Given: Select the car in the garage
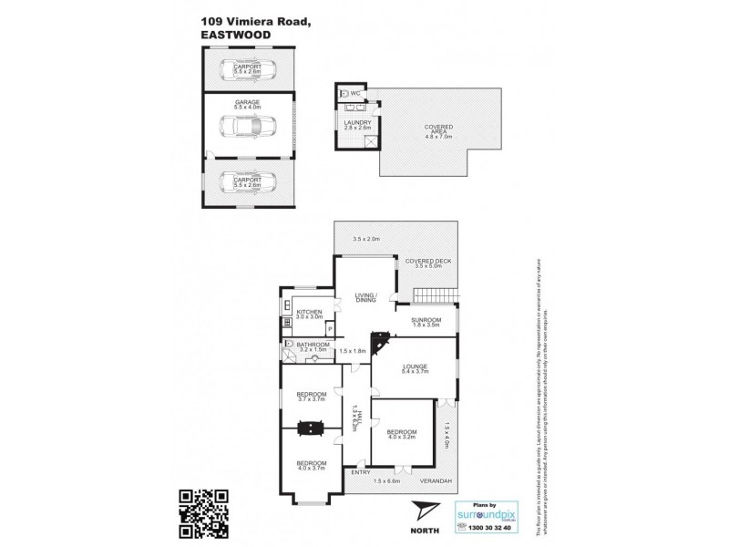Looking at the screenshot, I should click(246, 127).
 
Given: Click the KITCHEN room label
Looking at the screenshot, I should click(309, 312).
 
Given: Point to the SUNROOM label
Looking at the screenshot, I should click(426, 319).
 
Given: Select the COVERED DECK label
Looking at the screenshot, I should click(428, 261).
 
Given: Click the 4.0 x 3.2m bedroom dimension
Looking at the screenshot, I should click(401, 439).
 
